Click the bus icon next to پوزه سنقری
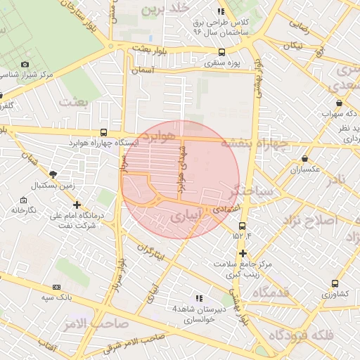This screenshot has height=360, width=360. click(x=222, y=52)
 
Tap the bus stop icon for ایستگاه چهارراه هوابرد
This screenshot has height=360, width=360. click(x=104, y=132)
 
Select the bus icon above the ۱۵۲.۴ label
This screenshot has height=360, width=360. click(x=242, y=226)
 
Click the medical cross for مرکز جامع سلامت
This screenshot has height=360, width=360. click(x=243, y=253)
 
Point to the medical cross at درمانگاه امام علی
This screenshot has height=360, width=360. click(x=77, y=205)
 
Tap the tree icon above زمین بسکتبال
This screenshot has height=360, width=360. click(x=53, y=174)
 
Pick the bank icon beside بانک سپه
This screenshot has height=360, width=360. click(x=56, y=288)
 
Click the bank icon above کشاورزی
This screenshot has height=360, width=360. click(x=334, y=283)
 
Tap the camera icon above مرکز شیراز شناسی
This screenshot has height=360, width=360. click(x=25, y=64)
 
